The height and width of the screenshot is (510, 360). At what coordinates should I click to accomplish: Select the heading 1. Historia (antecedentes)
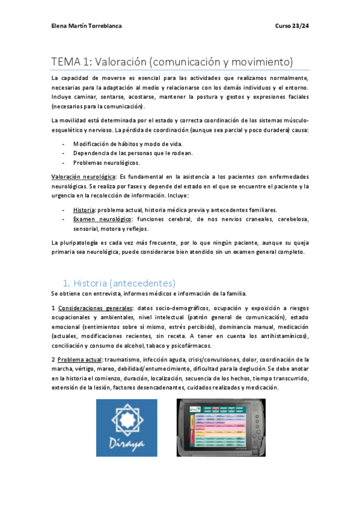point(119,283)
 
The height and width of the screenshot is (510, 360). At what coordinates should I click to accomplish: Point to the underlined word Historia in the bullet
point(84,210)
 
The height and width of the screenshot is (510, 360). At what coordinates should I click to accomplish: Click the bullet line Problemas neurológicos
point(106,162)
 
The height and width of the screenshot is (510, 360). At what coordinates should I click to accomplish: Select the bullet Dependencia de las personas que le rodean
point(133,153)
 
